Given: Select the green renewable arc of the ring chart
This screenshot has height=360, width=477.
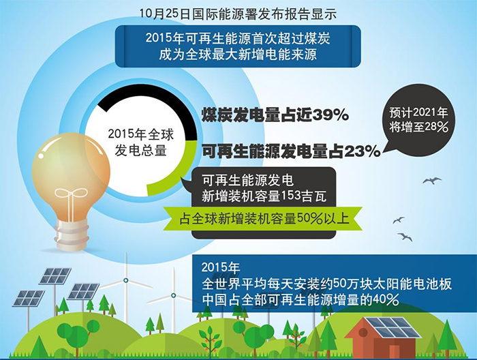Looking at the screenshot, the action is point(179,177).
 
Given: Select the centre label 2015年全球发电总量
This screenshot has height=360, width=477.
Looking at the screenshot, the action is point(141,142).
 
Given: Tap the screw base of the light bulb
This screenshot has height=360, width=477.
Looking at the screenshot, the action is point(71,234).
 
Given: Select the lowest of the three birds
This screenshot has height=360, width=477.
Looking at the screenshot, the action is point(405,237).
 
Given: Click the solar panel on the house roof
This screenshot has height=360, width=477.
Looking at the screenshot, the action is point(393,328).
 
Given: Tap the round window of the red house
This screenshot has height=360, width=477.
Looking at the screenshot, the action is point(363,332).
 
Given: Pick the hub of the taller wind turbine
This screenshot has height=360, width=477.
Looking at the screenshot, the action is point(125,280).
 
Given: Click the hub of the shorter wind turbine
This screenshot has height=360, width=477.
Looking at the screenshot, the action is point(173,295).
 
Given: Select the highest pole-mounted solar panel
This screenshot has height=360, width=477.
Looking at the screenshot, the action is point(55,275).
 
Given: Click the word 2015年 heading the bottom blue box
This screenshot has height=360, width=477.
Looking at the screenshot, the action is point(221,267).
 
